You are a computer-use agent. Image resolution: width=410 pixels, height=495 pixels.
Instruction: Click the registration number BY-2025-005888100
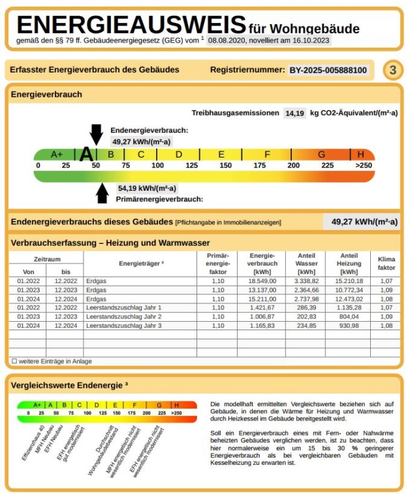(x=328, y=70)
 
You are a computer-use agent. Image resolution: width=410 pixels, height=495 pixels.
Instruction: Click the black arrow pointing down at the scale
(x=96, y=133)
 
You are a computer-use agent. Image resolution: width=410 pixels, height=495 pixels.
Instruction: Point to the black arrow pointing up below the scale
(x=102, y=193)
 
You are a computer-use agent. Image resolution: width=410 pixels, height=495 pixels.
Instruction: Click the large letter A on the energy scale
(x=86, y=154)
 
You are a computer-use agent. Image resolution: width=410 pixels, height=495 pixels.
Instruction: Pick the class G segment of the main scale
(x=321, y=154)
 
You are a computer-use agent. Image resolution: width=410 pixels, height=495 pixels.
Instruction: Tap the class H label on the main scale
(x=361, y=154)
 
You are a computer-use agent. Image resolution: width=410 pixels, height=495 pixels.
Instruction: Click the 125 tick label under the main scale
(x=192, y=165)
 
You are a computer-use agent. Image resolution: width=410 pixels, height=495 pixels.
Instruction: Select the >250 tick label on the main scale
(x=363, y=165)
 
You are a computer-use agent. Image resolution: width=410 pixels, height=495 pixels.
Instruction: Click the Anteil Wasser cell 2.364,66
(x=306, y=289)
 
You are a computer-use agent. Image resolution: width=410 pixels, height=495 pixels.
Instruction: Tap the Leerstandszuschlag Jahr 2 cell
(x=123, y=316)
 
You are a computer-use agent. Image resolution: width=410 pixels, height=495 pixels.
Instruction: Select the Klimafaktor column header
(x=386, y=263)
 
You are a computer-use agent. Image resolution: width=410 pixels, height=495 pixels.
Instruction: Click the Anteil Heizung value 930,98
(x=349, y=325)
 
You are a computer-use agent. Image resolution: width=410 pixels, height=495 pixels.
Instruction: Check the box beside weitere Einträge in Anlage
(x=14, y=361)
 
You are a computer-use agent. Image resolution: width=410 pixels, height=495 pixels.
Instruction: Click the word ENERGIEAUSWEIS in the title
(x=131, y=25)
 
